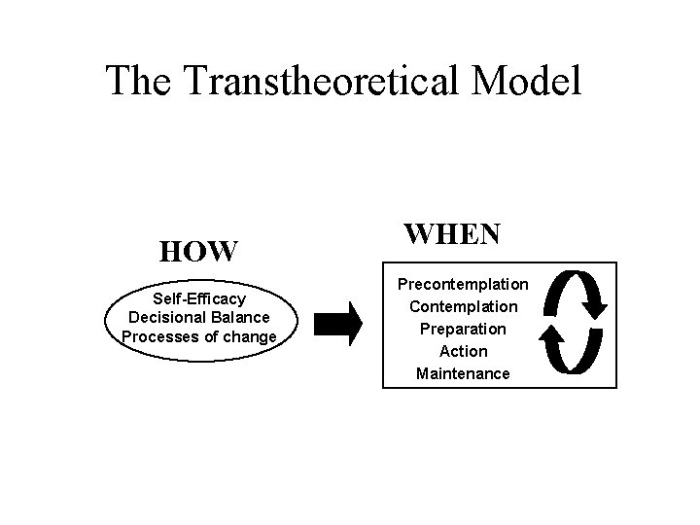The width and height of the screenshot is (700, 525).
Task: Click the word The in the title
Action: coord(138,81)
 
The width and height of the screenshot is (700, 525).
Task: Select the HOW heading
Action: coord(198,252)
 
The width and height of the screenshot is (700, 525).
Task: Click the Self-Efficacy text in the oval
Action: coord(198,298)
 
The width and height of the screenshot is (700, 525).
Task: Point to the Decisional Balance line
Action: coord(198,318)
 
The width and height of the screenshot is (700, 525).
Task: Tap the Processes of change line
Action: coord(198,337)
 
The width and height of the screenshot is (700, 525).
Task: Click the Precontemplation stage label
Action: coord(462,284)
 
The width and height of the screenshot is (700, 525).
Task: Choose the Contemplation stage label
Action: coord(462,306)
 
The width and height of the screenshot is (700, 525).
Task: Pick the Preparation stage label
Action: coord(462,329)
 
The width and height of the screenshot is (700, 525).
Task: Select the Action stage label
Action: coord(463,351)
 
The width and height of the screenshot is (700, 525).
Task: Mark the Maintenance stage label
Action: coord(462,373)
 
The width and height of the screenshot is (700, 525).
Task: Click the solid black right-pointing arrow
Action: coord(339,322)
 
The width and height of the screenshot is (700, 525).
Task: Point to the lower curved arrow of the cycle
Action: coord(568,350)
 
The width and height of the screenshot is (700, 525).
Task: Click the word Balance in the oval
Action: coord(239,318)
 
